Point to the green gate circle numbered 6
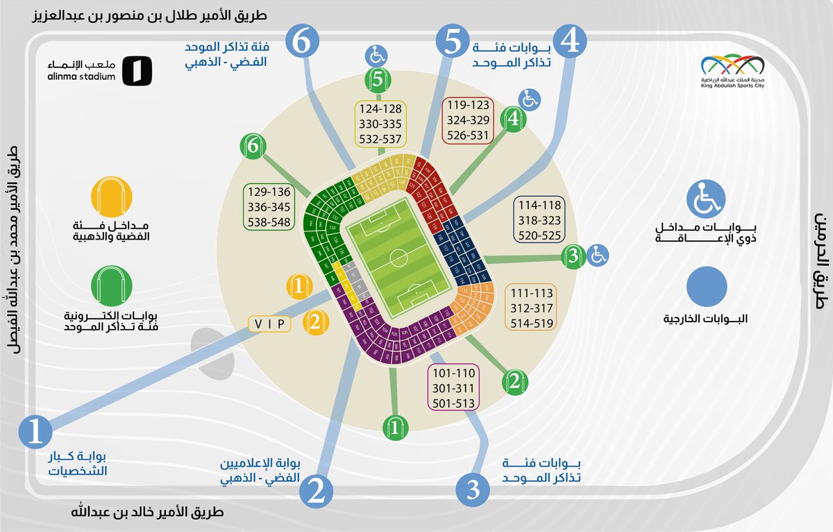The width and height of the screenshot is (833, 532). tap(253, 146)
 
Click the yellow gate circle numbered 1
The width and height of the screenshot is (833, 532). tap(298, 285)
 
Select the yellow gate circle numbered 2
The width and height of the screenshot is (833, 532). tap(314, 322)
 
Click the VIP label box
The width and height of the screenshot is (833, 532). tap(271, 323)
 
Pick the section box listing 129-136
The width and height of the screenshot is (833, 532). tap(269, 206)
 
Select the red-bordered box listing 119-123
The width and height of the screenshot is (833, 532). tap(468, 119)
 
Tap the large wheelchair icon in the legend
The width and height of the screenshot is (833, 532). tap(706, 199)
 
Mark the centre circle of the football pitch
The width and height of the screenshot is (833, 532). tap(399, 258)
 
